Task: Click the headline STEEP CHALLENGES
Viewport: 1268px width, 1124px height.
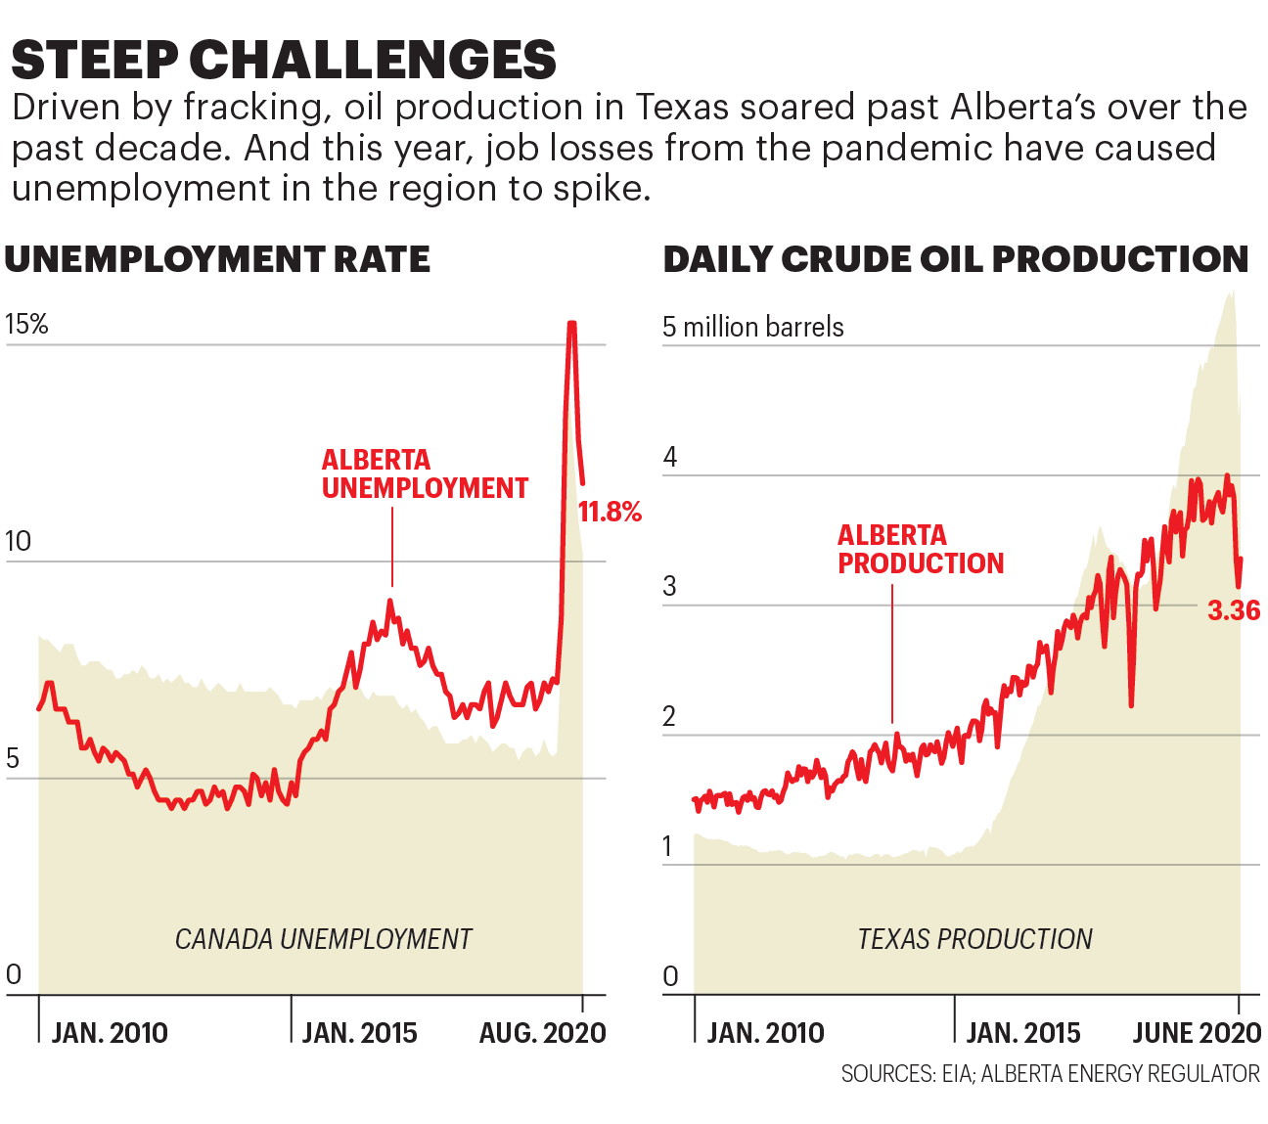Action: [284, 60]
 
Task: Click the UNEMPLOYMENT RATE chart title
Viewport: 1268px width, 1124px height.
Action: [217, 259]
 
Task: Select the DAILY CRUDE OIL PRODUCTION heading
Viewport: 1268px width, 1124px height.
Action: [956, 259]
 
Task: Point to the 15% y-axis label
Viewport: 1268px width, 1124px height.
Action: [26, 325]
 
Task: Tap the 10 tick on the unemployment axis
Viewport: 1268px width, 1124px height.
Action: [18, 541]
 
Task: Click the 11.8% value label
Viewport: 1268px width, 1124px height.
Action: [610, 512]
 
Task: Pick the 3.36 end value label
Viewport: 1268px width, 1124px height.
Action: [1234, 610]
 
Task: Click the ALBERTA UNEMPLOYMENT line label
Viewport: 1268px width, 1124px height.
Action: [425, 473]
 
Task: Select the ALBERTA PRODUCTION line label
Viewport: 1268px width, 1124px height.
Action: [921, 549]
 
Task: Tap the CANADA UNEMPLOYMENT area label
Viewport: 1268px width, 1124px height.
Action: [323, 939]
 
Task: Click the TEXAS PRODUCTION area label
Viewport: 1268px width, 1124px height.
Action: [974, 939]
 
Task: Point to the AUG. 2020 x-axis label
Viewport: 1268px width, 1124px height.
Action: [542, 1033]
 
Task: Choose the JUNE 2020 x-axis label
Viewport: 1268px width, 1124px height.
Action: [1197, 1033]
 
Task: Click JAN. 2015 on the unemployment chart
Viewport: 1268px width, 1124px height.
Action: [359, 1033]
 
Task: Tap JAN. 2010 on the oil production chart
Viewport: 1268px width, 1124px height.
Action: [765, 1033]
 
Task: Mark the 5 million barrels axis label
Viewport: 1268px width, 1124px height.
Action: [752, 327]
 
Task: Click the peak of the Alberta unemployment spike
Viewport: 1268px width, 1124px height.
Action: [571, 324]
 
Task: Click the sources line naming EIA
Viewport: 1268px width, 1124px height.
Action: [1050, 1074]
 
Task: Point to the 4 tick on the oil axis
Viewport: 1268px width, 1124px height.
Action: [670, 457]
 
